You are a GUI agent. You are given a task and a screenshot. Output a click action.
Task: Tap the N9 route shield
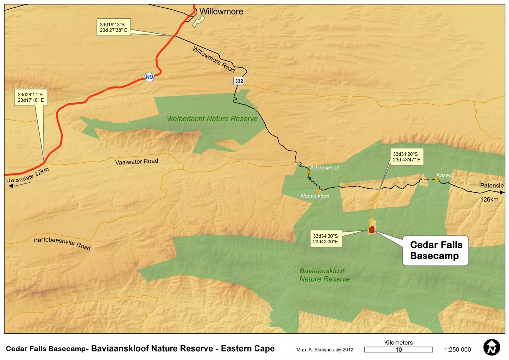[x=149, y=77]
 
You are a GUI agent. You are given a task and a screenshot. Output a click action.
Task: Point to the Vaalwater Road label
[x=136, y=162]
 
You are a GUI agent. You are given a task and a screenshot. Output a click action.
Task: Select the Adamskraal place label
[x=324, y=168]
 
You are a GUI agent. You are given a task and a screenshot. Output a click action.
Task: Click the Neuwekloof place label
[x=315, y=196]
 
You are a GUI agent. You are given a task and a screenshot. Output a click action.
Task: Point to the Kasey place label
[x=444, y=175]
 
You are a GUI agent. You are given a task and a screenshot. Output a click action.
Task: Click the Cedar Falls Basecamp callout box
[x=436, y=250]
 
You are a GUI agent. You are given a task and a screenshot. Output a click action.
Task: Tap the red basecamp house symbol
[x=371, y=229]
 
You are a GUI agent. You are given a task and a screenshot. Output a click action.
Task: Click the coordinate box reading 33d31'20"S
[x=406, y=156]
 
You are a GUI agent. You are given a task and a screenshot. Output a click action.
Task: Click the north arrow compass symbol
[x=492, y=348]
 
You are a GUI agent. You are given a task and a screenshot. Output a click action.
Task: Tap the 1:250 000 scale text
[x=456, y=349]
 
